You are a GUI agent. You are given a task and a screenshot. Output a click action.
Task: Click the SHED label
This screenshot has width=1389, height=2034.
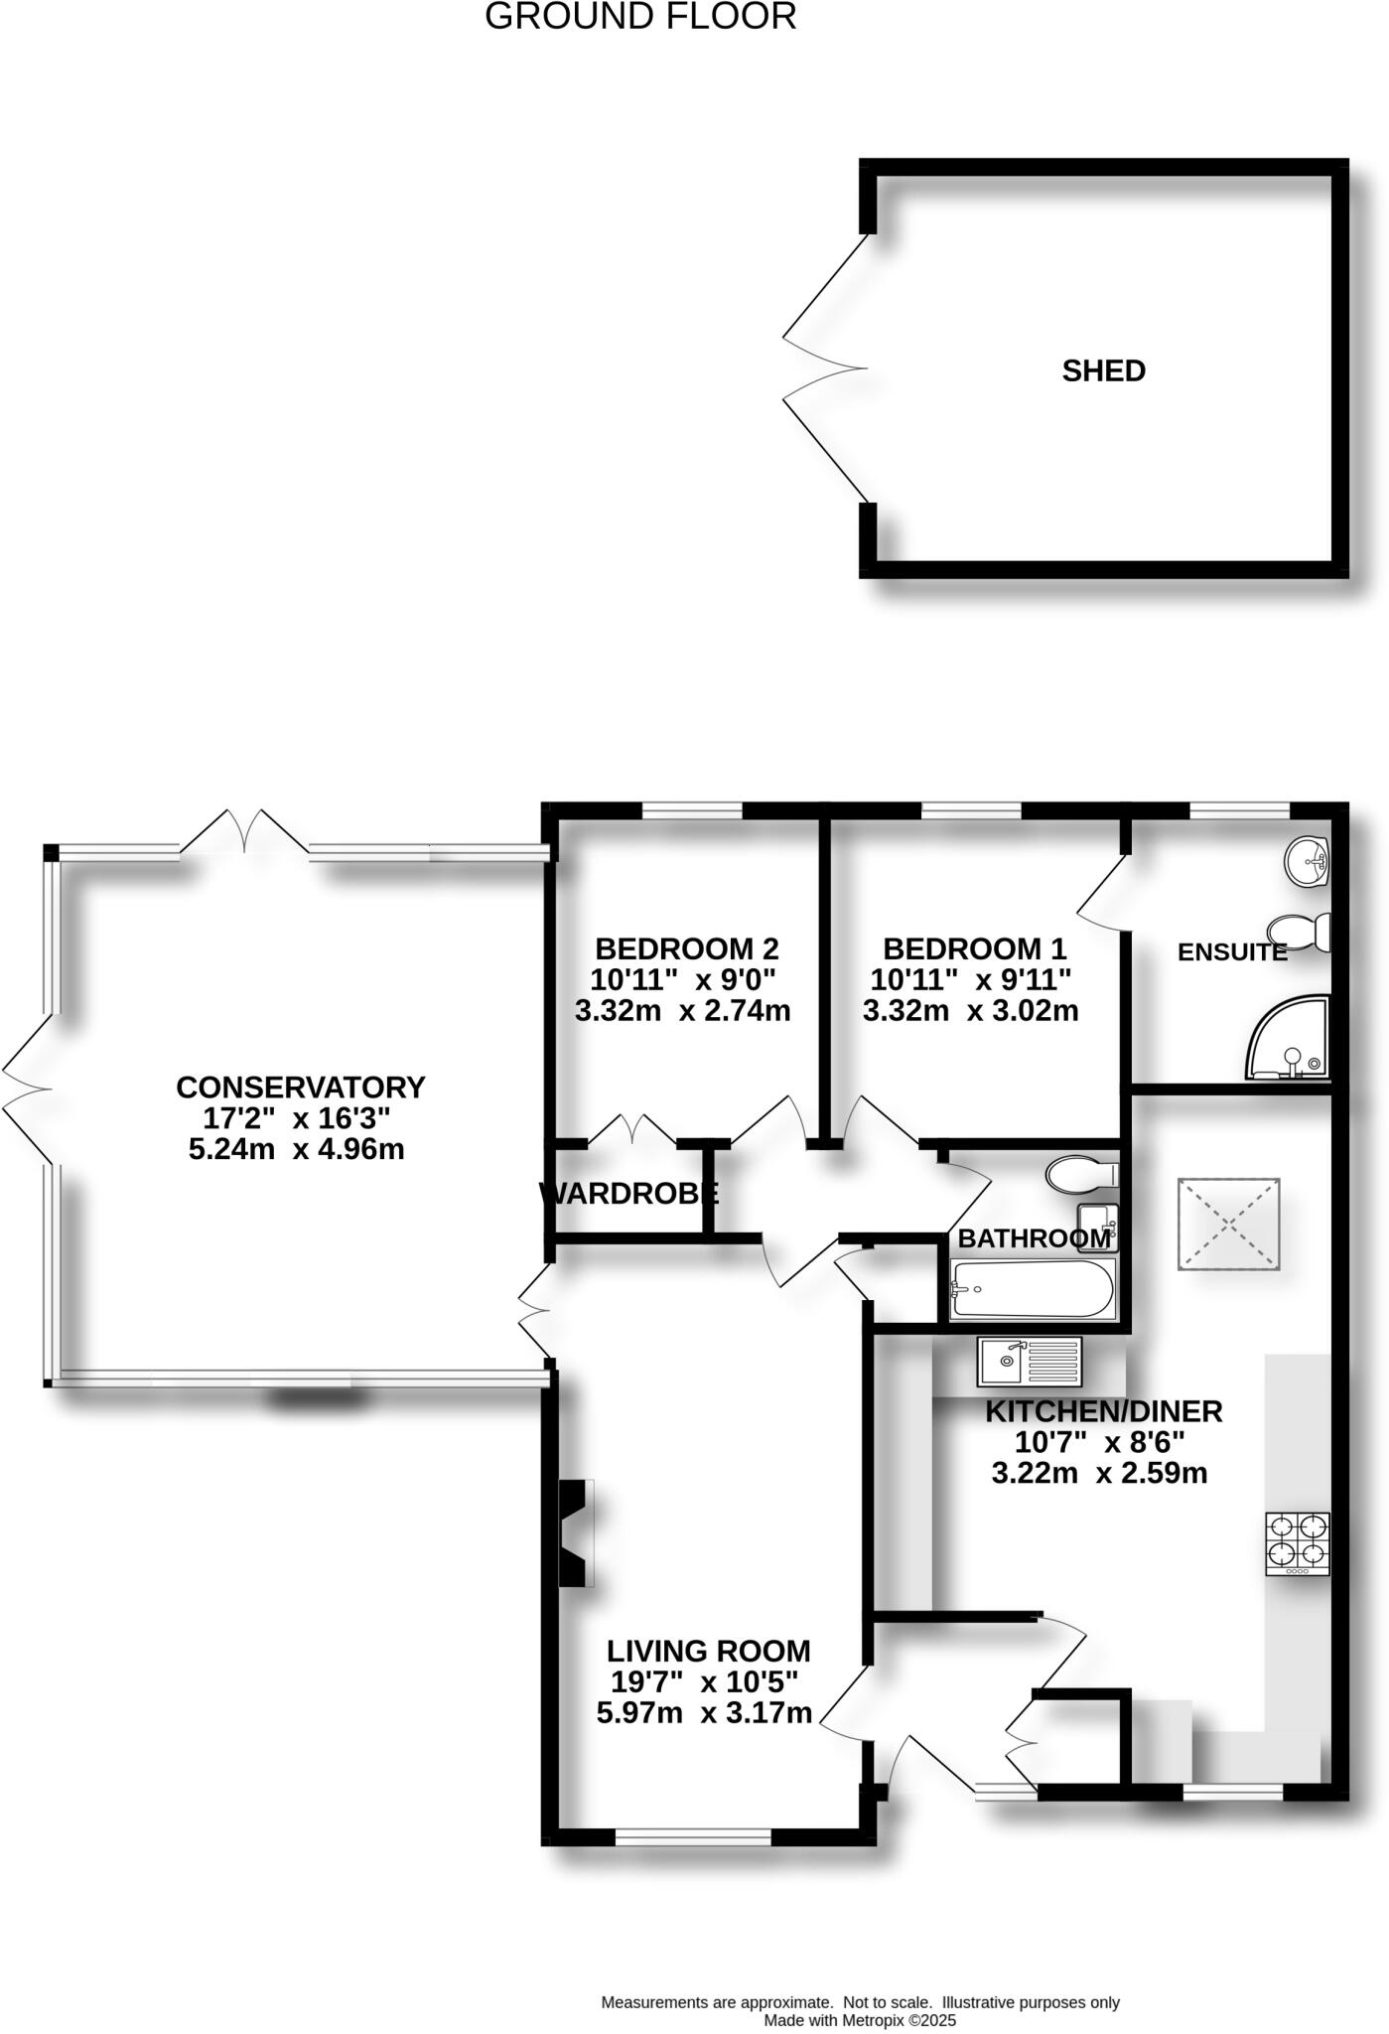(x=1103, y=370)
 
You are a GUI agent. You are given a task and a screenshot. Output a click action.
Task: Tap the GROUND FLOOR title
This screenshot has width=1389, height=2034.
(x=640, y=17)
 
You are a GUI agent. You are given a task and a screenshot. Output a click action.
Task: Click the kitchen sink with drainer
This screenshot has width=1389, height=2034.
(x=1029, y=1362)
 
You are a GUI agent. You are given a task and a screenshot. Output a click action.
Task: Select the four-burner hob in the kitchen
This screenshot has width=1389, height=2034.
(x=1297, y=1542)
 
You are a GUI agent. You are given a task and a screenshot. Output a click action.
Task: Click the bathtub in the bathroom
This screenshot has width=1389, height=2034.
(x=1033, y=1289)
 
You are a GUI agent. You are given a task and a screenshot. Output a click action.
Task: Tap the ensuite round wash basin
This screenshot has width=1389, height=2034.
(x=1307, y=860)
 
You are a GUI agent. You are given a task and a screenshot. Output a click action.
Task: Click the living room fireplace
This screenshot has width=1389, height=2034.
(x=574, y=1533)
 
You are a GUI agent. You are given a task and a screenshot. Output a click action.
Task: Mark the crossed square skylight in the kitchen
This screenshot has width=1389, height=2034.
(x=1228, y=1224)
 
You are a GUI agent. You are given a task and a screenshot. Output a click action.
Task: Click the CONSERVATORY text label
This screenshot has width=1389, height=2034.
(x=300, y=1088)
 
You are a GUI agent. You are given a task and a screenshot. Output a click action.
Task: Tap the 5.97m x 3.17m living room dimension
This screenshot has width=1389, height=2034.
(x=704, y=1712)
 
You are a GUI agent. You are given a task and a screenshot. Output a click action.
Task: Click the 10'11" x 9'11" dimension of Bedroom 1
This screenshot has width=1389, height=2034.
(x=970, y=979)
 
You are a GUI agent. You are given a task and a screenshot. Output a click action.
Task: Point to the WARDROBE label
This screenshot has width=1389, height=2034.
(x=628, y=1193)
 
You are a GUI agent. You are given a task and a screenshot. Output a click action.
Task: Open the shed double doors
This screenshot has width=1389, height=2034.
(x=824, y=368)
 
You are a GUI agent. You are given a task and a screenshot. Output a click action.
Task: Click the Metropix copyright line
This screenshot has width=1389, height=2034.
(x=859, y=2020)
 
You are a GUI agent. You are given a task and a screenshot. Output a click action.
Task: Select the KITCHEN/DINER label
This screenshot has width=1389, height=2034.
(x=1103, y=1411)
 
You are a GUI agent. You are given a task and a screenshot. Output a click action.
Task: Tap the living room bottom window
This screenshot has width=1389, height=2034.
(x=693, y=1837)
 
